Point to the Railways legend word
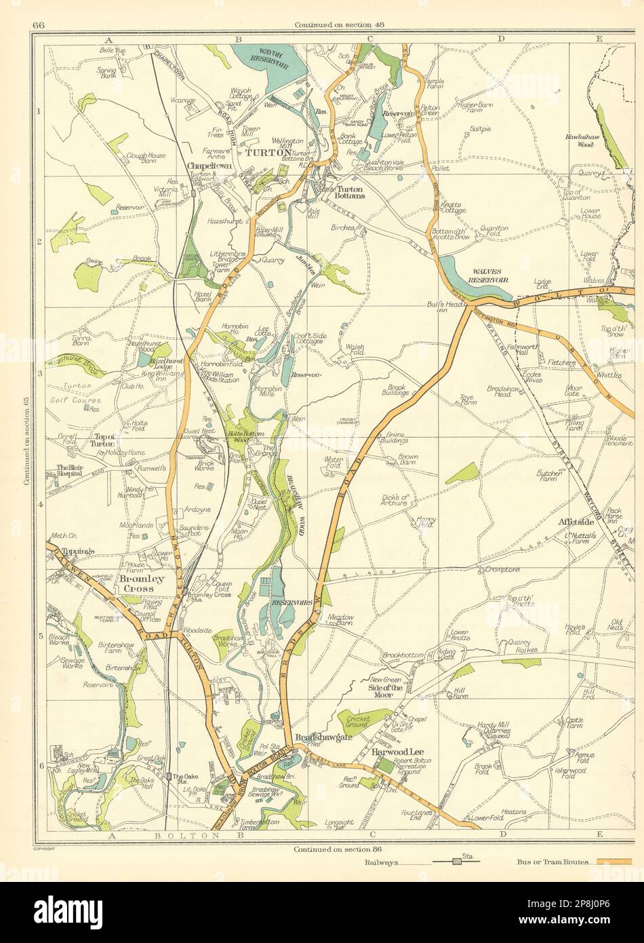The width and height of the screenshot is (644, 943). pos(380,862)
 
